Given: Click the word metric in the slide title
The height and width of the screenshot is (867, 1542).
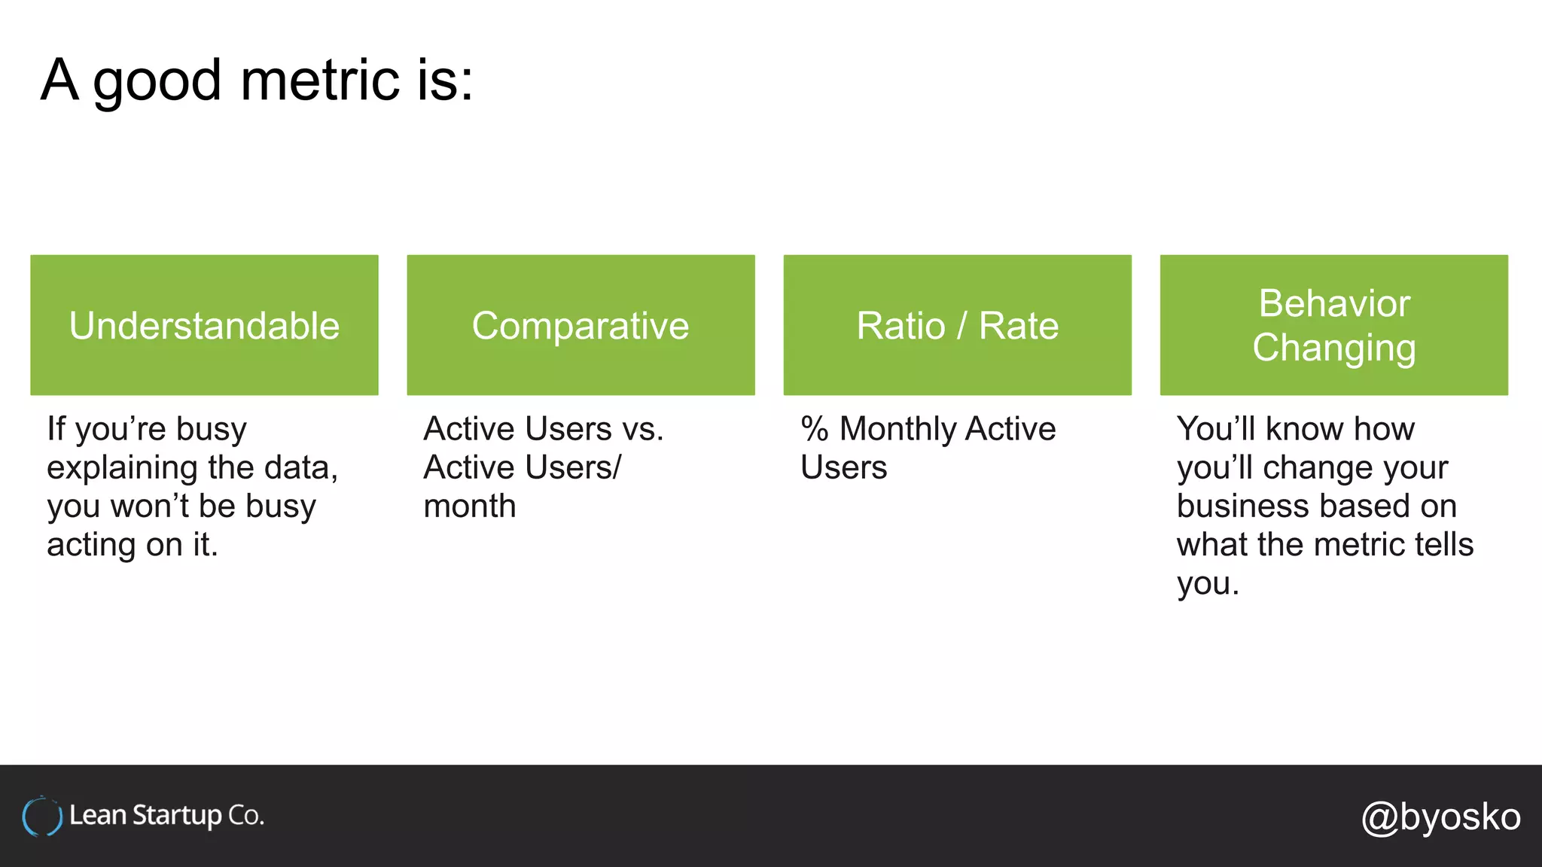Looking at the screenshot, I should click(x=320, y=80).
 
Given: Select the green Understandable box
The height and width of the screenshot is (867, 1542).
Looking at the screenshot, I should click(x=204, y=325).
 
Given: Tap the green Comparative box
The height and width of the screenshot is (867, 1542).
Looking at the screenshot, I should click(x=581, y=325).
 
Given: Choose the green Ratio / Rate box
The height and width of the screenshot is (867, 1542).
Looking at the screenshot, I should click(x=957, y=325).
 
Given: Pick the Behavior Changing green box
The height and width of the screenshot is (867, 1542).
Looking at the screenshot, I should click(x=1333, y=325).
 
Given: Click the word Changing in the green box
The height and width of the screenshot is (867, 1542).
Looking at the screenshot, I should click(x=1333, y=348).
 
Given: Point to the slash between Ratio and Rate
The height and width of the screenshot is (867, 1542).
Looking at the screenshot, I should click(x=961, y=327).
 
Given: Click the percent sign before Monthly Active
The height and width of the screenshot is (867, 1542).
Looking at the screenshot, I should click(x=815, y=429).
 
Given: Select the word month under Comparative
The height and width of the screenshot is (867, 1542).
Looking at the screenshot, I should click(x=470, y=507).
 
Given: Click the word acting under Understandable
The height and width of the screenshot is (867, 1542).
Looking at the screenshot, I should click(x=90, y=545).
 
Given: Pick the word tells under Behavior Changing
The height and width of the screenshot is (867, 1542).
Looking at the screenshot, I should click(x=1442, y=545).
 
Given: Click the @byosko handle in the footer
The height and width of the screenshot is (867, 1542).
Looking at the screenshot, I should click(x=1440, y=817).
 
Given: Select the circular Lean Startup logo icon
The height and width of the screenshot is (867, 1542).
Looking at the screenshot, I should click(x=41, y=817).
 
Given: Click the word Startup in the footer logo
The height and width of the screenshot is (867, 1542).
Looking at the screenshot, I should click(x=177, y=816).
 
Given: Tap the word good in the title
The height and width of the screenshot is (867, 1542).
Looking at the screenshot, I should click(x=157, y=81).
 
